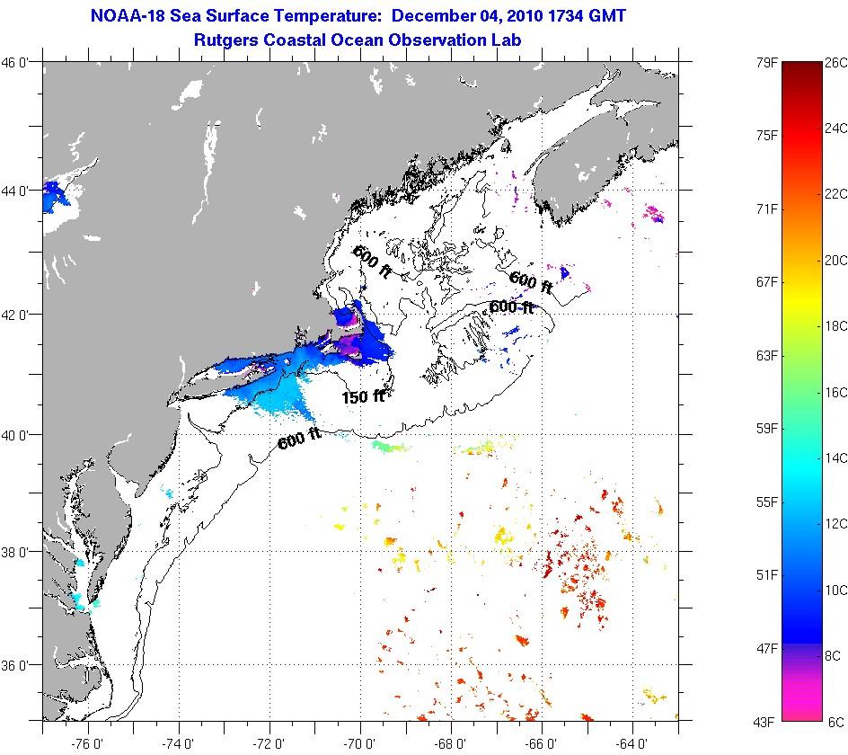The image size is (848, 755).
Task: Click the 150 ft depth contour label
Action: tap(363, 395)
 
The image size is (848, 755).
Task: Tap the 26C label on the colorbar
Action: tap(836, 62)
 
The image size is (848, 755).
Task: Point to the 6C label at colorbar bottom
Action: tap(835, 722)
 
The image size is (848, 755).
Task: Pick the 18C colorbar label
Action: tap(836, 326)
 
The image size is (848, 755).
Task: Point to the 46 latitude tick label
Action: tap(21, 62)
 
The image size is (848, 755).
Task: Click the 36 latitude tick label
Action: tap(21, 666)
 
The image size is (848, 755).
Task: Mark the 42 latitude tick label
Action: tap(21, 315)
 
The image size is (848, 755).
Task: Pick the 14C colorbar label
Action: tap(836, 458)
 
